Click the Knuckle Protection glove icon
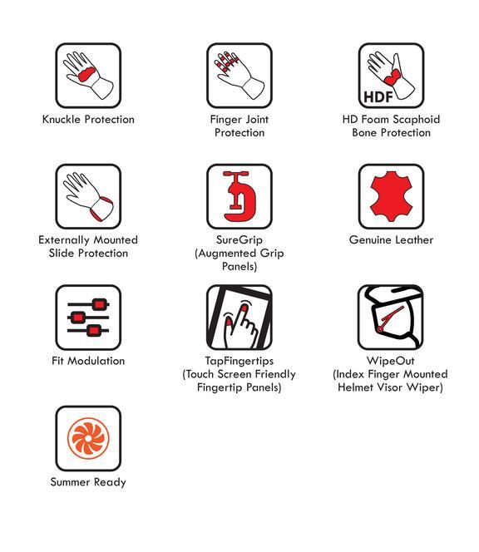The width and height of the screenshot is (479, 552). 88,76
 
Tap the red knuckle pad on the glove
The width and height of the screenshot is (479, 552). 86,74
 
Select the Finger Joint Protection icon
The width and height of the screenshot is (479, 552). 239,76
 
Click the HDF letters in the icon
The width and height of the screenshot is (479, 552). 378,96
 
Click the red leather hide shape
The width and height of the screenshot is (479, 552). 392,196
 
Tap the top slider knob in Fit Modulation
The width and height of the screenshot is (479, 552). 99,304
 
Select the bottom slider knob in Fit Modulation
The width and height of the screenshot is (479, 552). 93,331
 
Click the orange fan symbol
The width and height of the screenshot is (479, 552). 88,438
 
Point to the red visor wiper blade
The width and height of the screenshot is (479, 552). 391,318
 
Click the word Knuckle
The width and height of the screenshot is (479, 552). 62,120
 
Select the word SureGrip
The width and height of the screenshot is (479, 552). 239,240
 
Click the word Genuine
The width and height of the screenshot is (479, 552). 369,240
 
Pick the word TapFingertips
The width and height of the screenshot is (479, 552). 239,361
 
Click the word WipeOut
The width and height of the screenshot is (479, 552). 391,361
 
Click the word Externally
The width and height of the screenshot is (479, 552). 64,240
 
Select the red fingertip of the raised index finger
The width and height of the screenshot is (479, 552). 244,308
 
